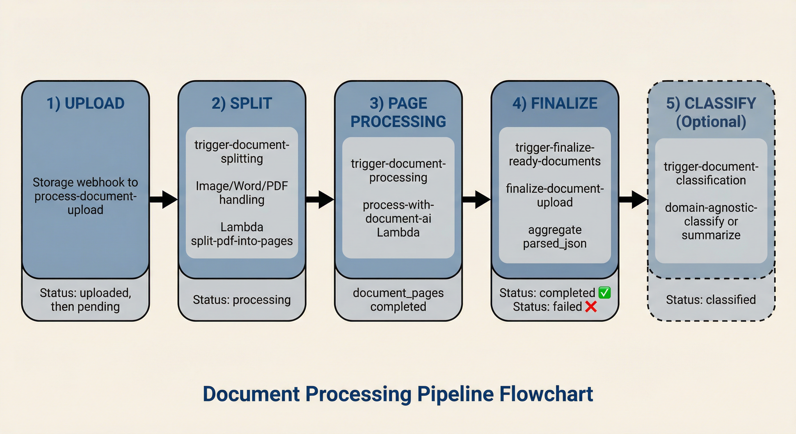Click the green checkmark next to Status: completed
(604, 292)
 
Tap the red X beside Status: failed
(591, 307)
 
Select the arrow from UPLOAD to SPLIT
(164, 199)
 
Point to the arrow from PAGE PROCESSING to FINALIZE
(477, 199)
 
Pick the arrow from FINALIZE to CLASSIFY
(633, 199)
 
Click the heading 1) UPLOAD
(86, 103)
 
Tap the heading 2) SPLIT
(242, 103)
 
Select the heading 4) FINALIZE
(555, 103)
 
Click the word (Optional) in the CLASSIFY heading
(711, 122)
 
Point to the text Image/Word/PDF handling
(242, 193)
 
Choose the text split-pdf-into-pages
(242, 241)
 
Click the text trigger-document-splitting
(242, 152)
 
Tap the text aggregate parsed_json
(555, 236)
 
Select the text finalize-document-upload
(555, 195)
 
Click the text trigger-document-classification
(711, 173)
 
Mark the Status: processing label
(242, 300)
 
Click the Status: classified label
(711, 300)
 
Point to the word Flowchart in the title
(546, 394)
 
